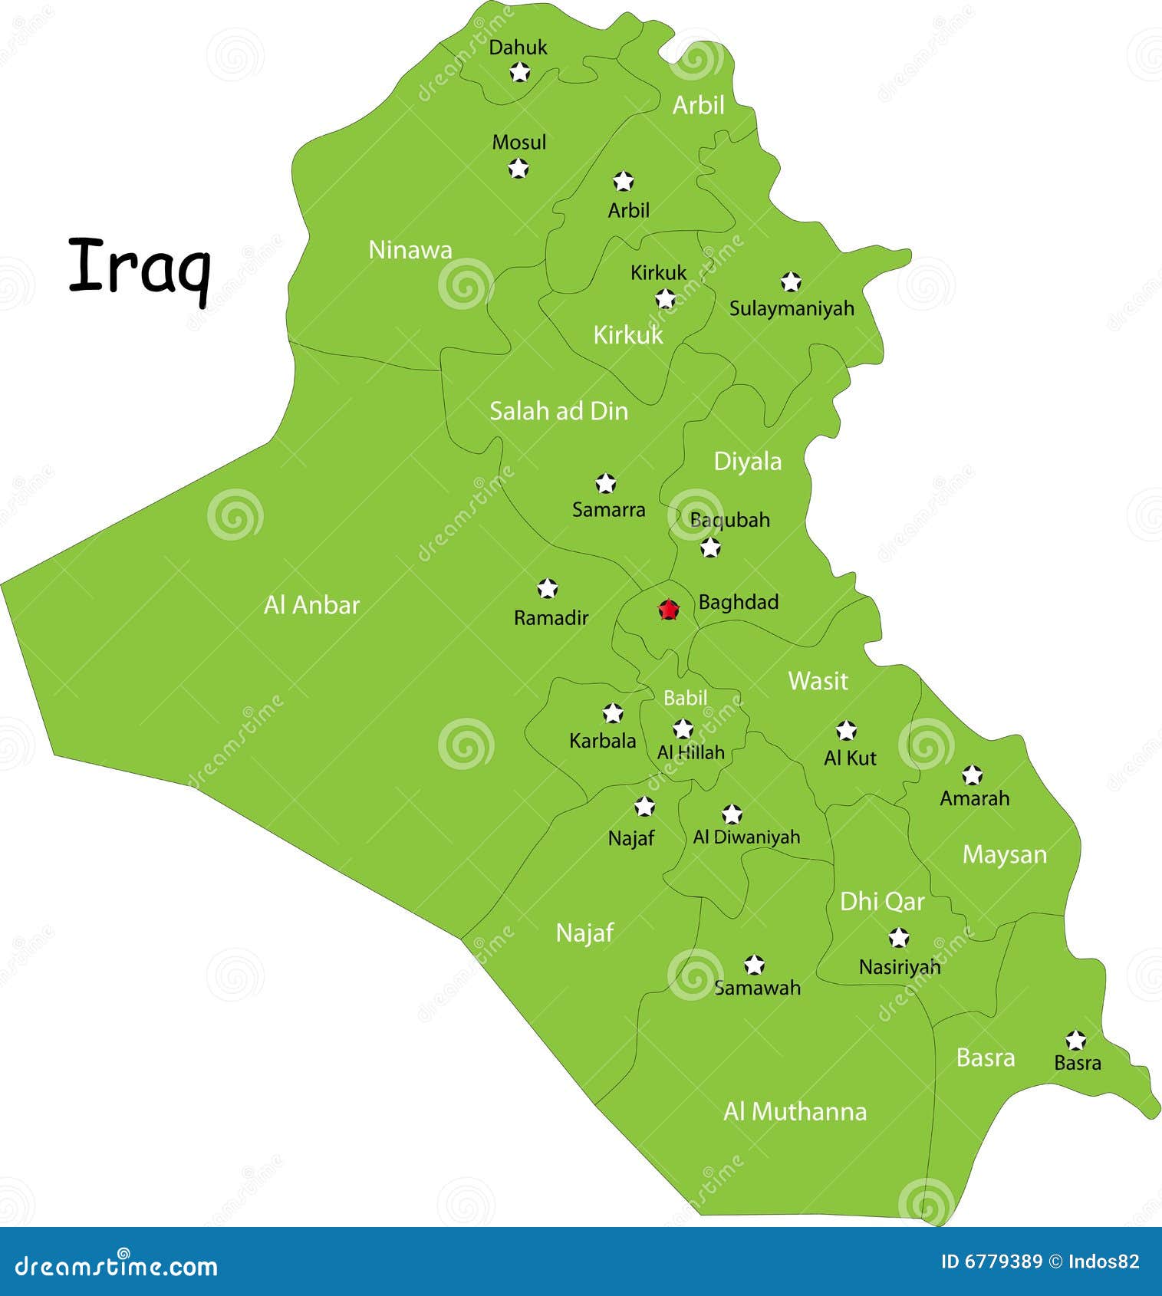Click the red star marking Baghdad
(669, 610)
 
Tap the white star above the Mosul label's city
(519, 168)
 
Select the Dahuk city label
(518, 48)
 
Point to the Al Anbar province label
(311, 605)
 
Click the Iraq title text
(140, 267)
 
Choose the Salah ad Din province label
(558, 411)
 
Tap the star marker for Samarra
(606, 484)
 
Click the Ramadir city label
(551, 617)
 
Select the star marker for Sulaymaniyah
(791, 282)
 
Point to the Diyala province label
(747, 461)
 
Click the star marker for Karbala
(612, 713)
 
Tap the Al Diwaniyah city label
(746, 837)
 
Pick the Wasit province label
(818, 680)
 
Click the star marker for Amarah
(972, 775)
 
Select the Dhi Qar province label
(882, 901)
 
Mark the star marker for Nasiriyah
(899, 938)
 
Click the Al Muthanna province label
(795, 1111)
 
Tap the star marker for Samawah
(755, 965)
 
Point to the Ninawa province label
(410, 249)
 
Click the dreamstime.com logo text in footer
(117, 1266)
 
